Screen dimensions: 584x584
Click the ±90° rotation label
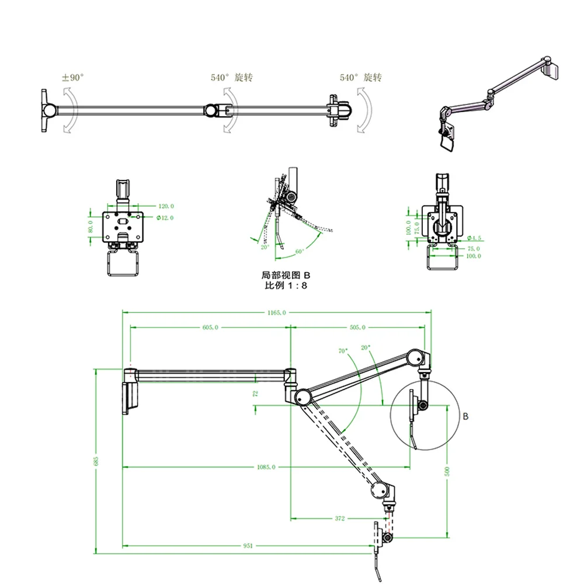74,77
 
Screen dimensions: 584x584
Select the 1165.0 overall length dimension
276,313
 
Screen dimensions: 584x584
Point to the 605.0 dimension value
210,328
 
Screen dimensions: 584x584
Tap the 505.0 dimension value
357,328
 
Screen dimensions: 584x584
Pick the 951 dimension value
248,546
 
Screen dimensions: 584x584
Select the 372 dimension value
340,518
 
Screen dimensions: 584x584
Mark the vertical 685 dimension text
97,461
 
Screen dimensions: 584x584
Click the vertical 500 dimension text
447,471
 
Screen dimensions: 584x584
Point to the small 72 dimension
255,394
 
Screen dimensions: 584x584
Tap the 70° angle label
342,352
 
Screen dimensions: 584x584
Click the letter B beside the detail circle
465,416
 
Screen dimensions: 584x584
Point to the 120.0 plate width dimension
166,206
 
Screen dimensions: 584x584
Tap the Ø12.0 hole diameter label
166,218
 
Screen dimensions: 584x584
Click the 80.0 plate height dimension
91,225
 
